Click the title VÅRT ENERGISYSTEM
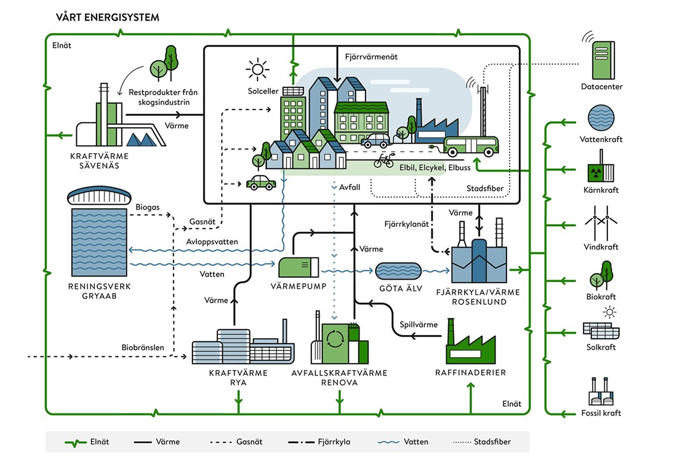coord(107,17)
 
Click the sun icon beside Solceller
coord(257,69)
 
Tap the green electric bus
coord(471,145)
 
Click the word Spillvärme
coord(419,324)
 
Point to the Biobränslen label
coord(142,348)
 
